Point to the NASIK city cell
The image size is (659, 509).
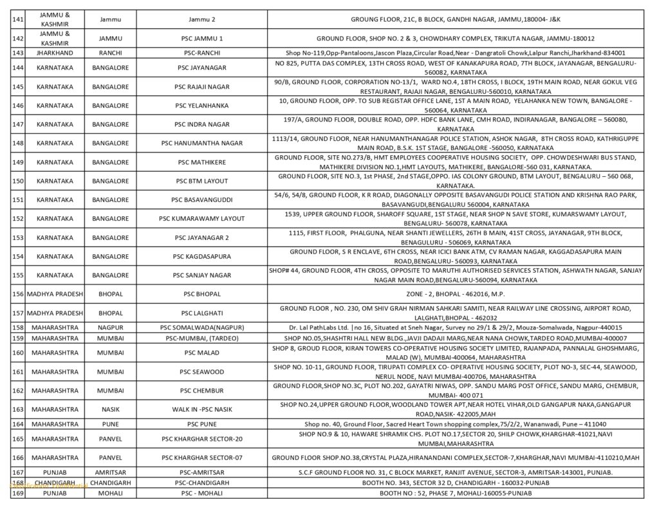111,409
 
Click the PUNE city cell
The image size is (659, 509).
111,424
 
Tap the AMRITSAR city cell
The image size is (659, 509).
111,472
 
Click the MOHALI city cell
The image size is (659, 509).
111,493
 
